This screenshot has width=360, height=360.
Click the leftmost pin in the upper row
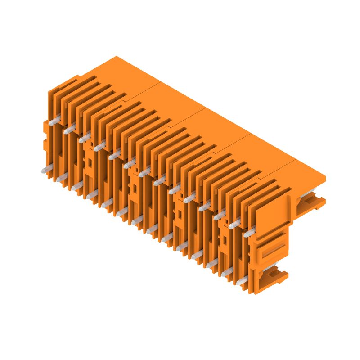(53, 121)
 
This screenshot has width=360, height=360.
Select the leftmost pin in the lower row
(45, 170)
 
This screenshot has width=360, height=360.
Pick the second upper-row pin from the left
(68, 130)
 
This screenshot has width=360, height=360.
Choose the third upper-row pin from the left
(84, 138)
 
